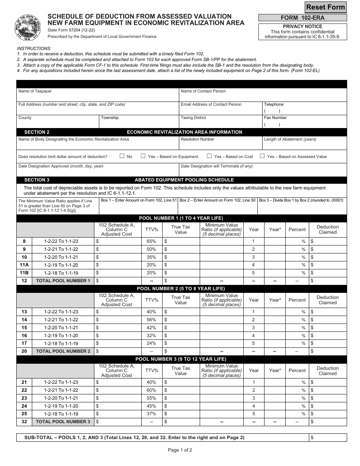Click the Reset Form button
point(326,7)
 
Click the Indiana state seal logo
point(28,28)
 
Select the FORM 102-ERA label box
point(302,18)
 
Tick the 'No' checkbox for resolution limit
point(122,156)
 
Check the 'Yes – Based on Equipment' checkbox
point(143,156)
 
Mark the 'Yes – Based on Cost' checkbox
point(209,156)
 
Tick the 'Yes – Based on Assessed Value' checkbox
point(262,156)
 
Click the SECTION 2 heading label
point(37,132)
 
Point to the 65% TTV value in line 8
point(151,241)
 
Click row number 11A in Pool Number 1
point(24,265)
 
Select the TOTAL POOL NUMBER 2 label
point(63,351)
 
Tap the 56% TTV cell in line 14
point(151,320)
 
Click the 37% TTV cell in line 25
point(151,414)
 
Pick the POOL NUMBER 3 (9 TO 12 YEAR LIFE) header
point(181,359)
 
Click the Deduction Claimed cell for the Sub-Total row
point(327,438)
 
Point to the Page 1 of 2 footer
point(180,450)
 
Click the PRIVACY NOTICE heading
point(302,27)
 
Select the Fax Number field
point(304,122)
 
